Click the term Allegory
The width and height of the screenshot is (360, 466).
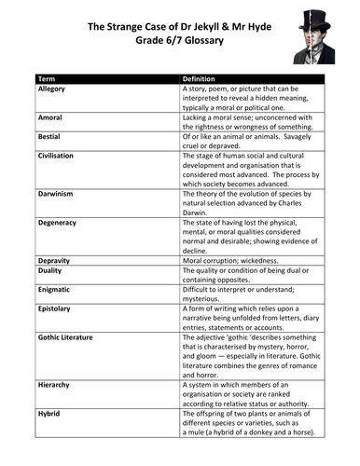[52, 89]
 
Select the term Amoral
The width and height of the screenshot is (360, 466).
[50, 118]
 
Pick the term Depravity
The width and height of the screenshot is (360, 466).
[55, 259]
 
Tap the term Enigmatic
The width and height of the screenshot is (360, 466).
[55, 289]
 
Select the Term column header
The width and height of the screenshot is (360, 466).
[47, 79]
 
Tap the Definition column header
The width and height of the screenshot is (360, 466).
[200, 79]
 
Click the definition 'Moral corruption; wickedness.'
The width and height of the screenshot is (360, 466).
[231, 259]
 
